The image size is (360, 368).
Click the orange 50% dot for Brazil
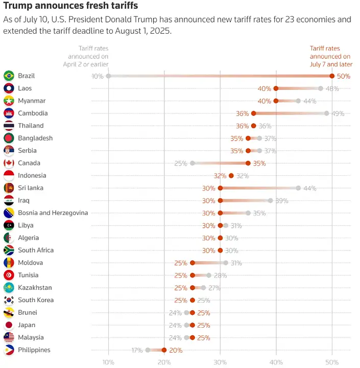pos(332,76)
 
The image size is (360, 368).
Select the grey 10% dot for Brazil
pos(108,76)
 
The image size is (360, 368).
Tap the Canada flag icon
pos(9,163)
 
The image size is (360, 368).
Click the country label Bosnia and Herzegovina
pos(53,213)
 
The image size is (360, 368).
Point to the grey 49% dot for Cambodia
pos(326,113)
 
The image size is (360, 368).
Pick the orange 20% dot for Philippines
pos(164,350)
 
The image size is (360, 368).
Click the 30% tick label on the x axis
pos(220,362)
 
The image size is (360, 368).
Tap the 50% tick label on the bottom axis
pos(332,362)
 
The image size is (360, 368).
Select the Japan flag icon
pos(9,325)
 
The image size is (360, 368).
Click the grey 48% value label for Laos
pos(332,88)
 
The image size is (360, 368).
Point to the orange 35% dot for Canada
pos(248,163)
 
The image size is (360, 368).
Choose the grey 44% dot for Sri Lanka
pos(298,188)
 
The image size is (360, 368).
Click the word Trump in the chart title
pos(18,6)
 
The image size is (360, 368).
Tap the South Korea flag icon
pos(9,300)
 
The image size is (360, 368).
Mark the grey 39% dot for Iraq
pos(271,200)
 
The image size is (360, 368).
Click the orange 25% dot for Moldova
pos(193,263)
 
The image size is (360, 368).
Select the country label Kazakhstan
pos(35,287)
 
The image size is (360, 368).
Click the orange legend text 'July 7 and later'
pos(331,64)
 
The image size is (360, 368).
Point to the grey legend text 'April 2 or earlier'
pos(86,64)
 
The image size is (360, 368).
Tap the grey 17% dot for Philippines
pos(148,350)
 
